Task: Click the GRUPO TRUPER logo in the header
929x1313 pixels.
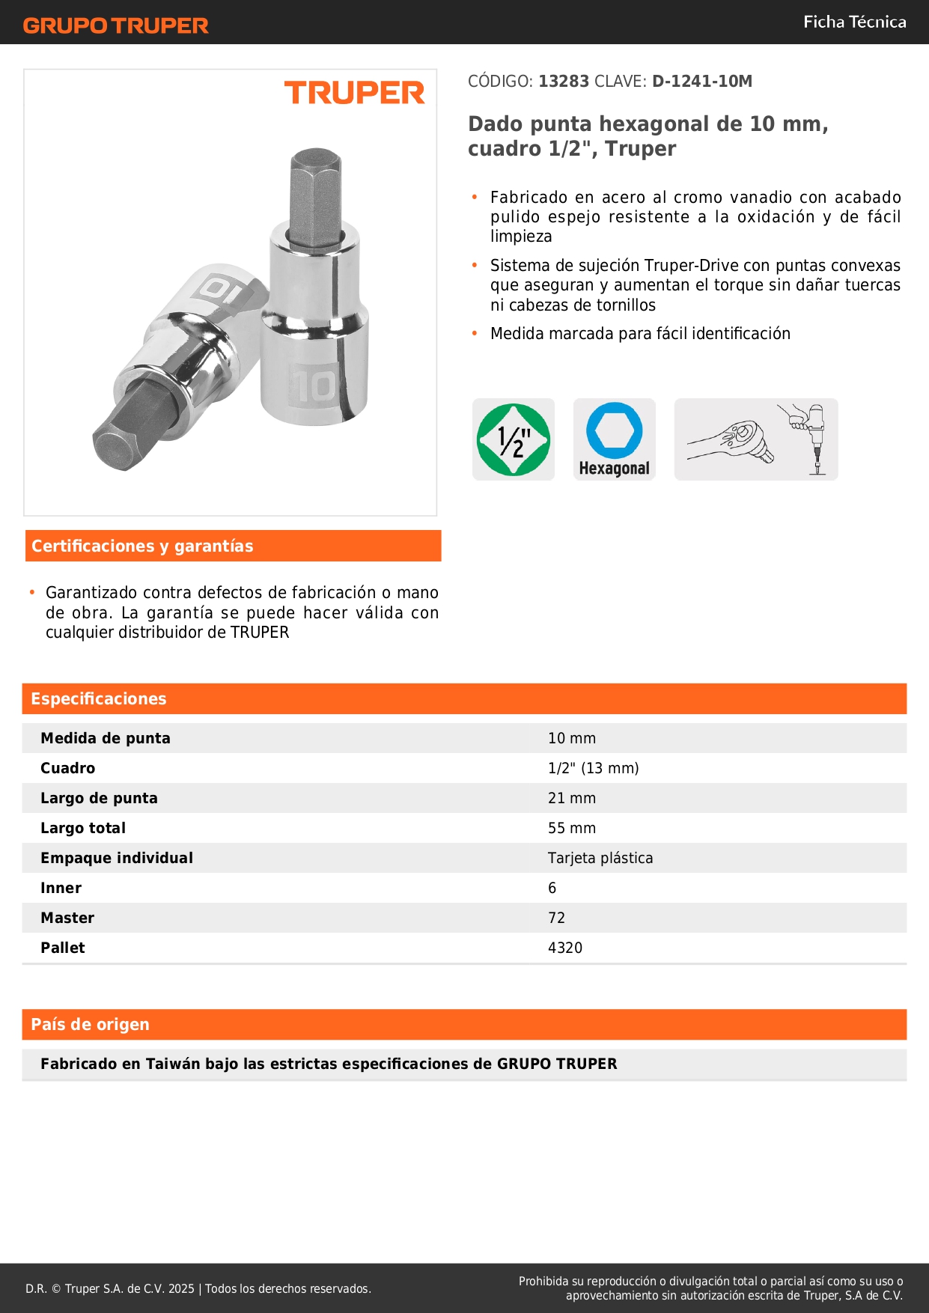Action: pos(116,25)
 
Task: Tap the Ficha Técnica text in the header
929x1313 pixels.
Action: pos(854,22)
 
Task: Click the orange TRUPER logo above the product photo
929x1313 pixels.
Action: pos(354,93)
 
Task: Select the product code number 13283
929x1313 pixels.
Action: pos(564,82)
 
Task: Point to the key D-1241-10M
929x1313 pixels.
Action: pos(701,82)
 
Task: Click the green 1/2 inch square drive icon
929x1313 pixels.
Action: pos(514,439)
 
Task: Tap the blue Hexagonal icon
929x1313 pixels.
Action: pos(615,439)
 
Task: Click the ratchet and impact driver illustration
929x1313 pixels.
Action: pos(756,439)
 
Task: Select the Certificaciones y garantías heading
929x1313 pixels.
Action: pos(142,546)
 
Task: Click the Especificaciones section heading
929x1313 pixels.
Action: pos(99,699)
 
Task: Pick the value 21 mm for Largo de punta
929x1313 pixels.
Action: pos(572,798)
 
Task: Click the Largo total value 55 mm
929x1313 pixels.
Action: pos(572,828)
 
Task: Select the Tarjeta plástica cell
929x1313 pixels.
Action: pos(600,858)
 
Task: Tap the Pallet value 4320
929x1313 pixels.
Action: pos(565,948)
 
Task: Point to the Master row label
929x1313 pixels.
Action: pos(67,918)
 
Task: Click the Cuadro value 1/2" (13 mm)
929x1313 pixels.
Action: pos(594,768)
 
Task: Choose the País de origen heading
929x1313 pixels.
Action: pos(90,1025)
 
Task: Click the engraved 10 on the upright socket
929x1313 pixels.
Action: pos(313,386)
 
